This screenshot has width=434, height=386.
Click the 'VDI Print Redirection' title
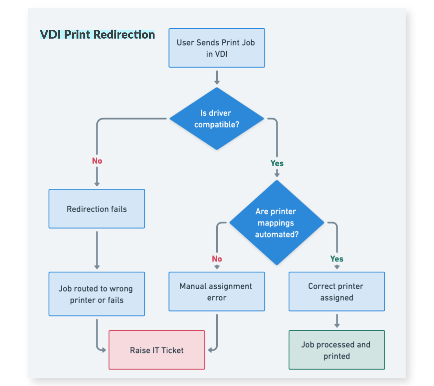[97, 34]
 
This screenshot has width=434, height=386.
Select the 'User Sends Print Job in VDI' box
[216, 48]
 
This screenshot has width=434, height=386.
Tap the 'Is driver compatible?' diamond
[216, 119]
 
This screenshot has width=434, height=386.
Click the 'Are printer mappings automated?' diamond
[277, 223]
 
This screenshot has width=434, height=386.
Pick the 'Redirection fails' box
[96, 209]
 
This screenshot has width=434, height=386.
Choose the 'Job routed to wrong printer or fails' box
[96, 294]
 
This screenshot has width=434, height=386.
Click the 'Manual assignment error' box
[216, 292]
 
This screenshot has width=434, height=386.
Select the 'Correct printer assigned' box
[337, 292]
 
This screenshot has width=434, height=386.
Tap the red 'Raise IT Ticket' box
[157, 350]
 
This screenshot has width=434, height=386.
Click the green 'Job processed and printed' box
[337, 350]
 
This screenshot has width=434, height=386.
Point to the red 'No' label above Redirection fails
[97, 161]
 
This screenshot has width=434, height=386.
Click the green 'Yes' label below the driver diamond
[277, 163]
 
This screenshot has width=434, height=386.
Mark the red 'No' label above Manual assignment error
[217, 259]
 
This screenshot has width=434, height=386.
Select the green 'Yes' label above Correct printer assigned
[337, 259]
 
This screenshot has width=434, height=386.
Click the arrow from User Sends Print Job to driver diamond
[217, 77]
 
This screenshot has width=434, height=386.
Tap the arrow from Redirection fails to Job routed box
[97, 250]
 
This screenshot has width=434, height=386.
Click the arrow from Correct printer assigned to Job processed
[337, 321]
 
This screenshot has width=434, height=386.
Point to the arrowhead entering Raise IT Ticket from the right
[211, 350]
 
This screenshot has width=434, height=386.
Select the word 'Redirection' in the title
[124, 34]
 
